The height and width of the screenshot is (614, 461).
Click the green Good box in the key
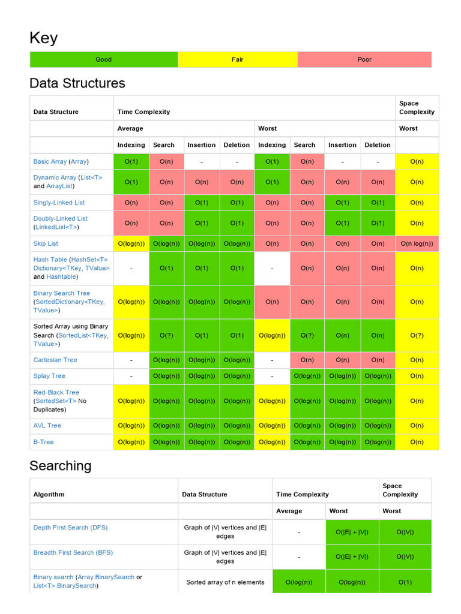[x=104, y=59]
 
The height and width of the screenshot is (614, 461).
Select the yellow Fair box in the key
[x=238, y=59]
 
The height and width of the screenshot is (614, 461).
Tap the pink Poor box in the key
[x=364, y=59]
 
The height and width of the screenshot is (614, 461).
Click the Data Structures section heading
[x=77, y=83]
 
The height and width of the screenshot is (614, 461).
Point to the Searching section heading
[x=61, y=466]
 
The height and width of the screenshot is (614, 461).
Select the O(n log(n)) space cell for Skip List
[x=417, y=243]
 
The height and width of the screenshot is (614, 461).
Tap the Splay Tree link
[x=49, y=376]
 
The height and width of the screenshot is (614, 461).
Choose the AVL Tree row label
[x=47, y=426]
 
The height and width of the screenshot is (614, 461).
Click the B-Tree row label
[x=43, y=442]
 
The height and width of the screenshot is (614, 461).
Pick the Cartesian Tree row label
[x=55, y=360]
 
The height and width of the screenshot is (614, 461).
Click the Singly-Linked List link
[x=59, y=203]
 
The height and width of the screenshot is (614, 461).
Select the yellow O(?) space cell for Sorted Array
[x=417, y=336]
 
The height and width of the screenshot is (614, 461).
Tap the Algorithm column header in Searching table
[x=49, y=495]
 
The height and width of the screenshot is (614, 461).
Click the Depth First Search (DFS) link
[x=70, y=528]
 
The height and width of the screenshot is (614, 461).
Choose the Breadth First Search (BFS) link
[x=73, y=553]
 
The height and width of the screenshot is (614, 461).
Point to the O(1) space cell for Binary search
[x=405, y=582]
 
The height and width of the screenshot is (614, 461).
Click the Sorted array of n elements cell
[x=225, y=582]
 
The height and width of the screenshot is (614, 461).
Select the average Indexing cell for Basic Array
[x=131, y=161]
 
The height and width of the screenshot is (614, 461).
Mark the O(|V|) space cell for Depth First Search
[x=405, y=532]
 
